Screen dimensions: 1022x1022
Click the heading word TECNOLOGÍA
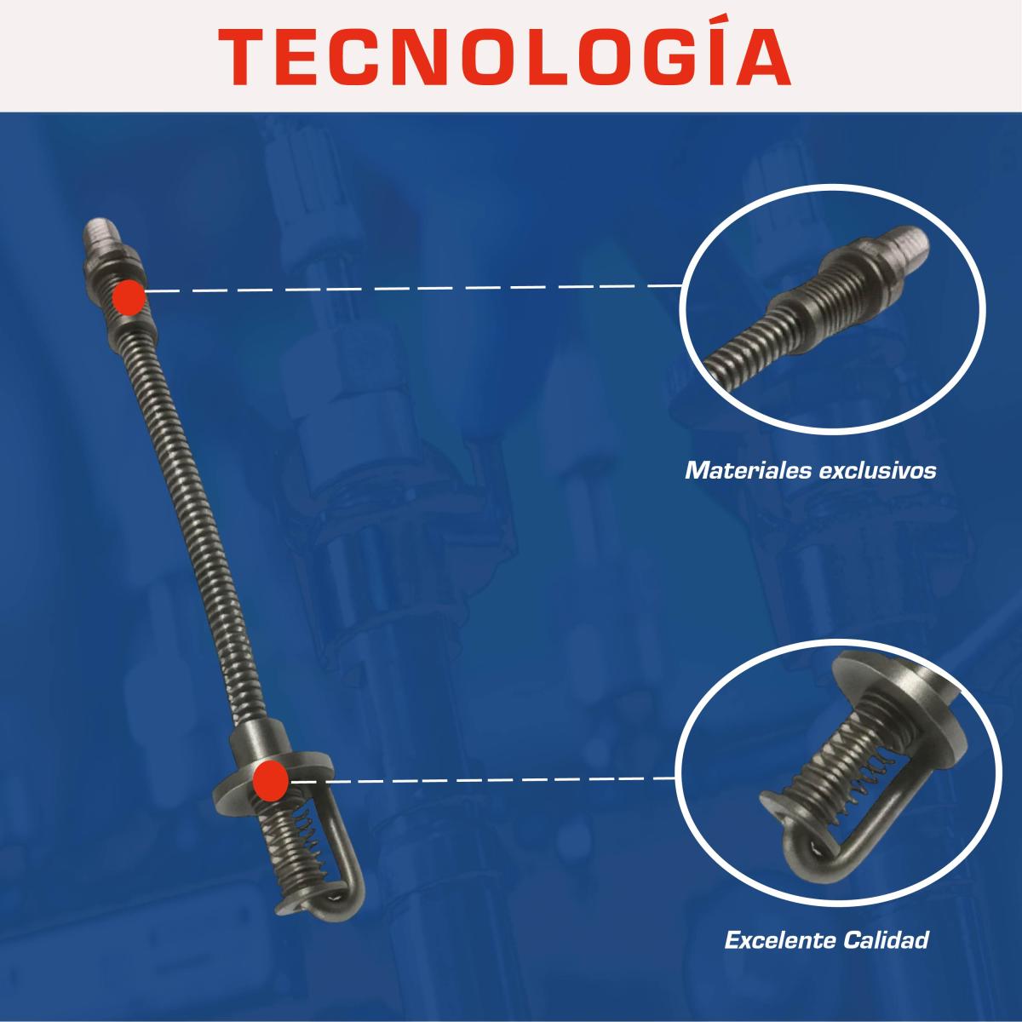(504, 55)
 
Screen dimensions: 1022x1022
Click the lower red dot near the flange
(271, 780)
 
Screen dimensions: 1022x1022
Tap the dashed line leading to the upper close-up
(414, 289)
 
